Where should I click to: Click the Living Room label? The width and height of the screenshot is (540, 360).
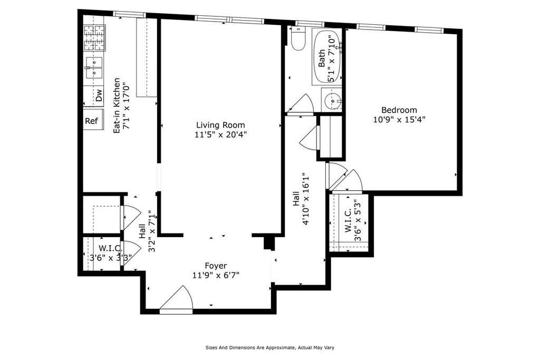[x=220, y=125]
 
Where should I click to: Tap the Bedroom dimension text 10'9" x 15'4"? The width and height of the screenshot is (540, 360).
[x=399, y=120]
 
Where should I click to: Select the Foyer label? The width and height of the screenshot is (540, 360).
[x=216, y=266]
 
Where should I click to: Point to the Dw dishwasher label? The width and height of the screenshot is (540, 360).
[x=99, y=95]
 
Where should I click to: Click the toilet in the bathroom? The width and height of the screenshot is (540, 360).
[x=298, y=38]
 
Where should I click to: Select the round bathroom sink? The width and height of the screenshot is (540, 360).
[x=333, y=100]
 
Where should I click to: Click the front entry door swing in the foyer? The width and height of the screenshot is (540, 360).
[x=176, y=299]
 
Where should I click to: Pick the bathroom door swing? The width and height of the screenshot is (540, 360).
[x=301, y=103]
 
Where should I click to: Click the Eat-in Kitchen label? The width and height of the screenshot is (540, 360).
[x=117, y=105]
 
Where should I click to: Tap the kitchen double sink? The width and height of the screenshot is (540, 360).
[x=94, y=68]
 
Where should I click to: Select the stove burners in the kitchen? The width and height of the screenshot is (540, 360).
[x=94, y=38]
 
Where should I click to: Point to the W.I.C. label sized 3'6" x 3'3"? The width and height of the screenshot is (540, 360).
[x=111, y=253]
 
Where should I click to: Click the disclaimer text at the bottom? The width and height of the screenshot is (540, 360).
[x=269, y=347]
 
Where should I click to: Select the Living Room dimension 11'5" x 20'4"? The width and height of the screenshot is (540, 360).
[x=220, y=134]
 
